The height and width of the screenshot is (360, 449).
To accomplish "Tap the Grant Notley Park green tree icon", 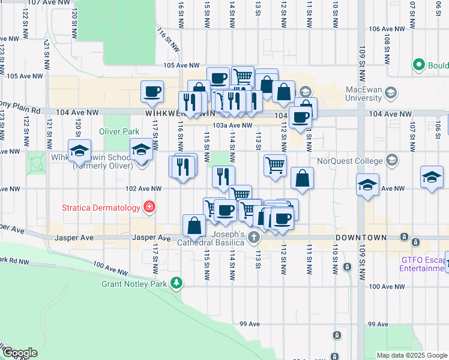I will [x=176, y=282].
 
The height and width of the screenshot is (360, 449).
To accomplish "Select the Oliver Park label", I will [x=115, y=131].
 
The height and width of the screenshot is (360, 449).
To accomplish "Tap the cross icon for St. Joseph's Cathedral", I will [x=254, y=237].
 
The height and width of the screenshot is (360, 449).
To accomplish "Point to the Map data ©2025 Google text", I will [x=411, y=355].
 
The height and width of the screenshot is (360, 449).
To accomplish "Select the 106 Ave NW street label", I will [x=386, y=28].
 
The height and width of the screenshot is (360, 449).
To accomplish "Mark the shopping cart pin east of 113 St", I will [x=275, y=164].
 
